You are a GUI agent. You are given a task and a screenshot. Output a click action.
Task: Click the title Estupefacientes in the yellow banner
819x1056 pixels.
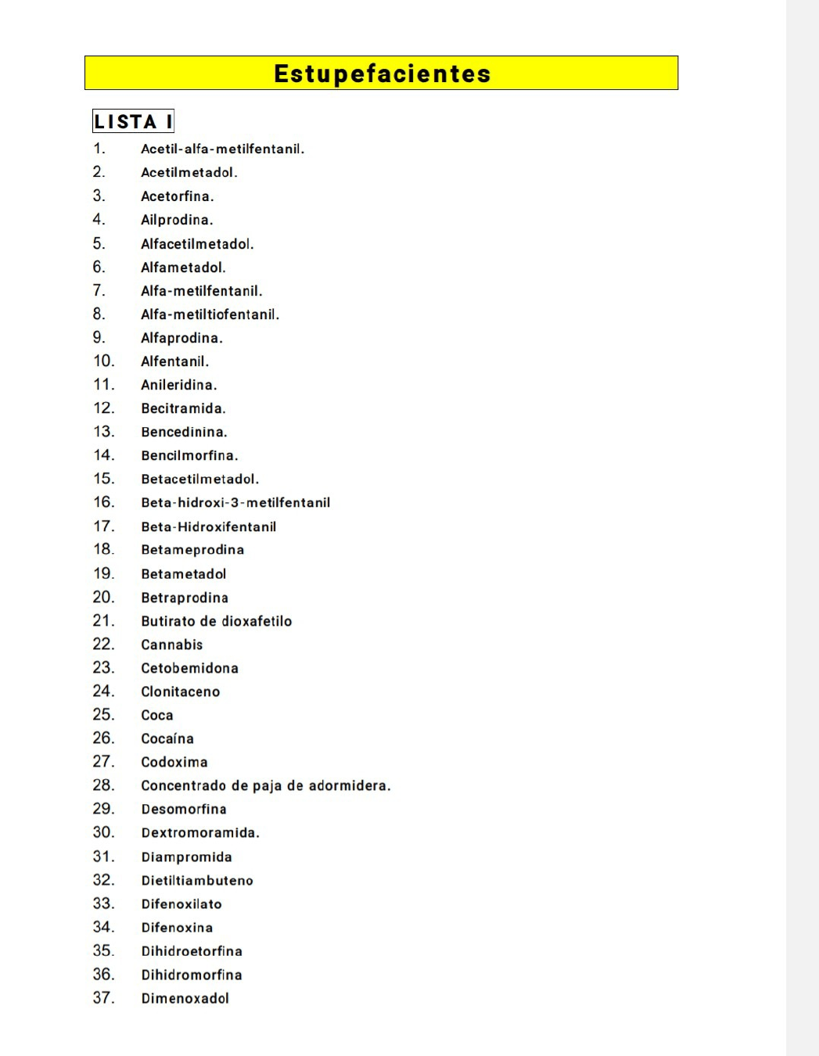382,74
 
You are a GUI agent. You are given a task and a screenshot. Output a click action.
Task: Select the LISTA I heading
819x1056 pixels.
133,121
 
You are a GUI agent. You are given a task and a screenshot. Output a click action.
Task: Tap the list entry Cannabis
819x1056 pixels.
171,645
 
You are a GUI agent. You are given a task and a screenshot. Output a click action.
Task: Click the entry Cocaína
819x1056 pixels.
167,738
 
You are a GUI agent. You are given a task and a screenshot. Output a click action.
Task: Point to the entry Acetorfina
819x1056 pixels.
177,196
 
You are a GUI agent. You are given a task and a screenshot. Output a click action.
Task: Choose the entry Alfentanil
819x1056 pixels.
174,361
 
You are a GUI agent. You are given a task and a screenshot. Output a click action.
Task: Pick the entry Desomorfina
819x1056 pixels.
184,809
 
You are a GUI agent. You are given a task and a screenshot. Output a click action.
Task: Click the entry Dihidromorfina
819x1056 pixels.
192,975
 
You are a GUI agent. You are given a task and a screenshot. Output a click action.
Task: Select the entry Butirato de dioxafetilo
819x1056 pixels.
216,621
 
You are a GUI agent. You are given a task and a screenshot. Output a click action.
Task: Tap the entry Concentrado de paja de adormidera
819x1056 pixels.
265,785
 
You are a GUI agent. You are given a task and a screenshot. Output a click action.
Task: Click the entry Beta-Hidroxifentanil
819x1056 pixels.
208,526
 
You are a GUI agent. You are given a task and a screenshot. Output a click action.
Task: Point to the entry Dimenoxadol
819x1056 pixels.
185,998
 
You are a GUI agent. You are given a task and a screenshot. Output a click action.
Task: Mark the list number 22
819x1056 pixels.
103,644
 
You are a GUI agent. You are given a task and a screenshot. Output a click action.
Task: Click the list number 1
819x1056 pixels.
99,149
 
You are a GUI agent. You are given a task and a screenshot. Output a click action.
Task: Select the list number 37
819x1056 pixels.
103,997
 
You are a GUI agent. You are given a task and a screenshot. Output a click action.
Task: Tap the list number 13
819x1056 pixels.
103,431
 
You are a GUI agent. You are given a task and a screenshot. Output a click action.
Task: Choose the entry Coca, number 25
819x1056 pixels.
156,715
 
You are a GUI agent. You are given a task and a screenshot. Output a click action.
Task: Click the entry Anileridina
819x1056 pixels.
178,385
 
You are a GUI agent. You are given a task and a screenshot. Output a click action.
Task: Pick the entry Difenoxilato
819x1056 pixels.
181,904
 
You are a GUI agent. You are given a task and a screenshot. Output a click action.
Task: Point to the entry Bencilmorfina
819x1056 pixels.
189,455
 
